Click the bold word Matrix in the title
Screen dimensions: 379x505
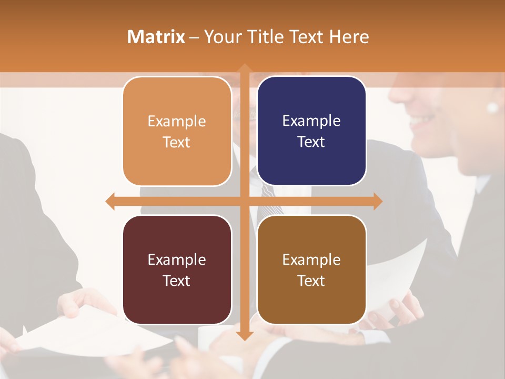point(156,37)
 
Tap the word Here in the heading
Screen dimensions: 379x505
point(349,37)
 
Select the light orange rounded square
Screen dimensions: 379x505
point(177,132)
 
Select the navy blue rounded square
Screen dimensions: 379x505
point(311,132)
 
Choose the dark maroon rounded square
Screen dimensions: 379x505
point(177,270)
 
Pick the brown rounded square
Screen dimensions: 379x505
point(311,270)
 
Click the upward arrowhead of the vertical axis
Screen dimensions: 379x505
point(244,68)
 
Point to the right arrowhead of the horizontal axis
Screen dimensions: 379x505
point(377,201)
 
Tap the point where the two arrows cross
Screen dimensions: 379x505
point(244,201)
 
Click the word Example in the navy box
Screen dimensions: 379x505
point(311,121)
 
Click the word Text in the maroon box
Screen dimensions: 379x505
point(176,281)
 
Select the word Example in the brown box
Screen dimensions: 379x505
point(311,260)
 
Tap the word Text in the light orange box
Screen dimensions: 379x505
point(176,142)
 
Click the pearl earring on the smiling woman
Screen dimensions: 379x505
point(492,107)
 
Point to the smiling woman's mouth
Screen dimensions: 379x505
point(421,120)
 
